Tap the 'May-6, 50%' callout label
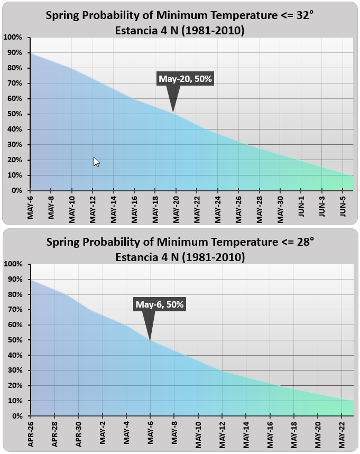point(159,304)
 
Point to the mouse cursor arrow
point(96,162)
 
